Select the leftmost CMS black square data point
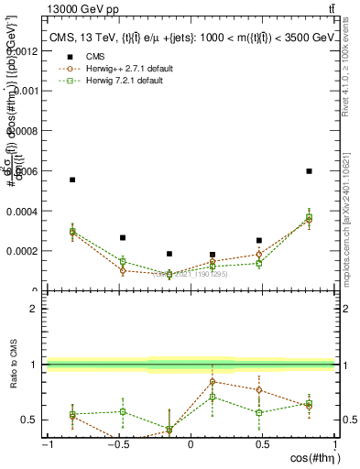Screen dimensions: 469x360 point(72,180)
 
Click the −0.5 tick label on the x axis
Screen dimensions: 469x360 point(117,445)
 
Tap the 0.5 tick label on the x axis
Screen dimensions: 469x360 point(262,445)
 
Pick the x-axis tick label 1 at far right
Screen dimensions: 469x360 point(333,445)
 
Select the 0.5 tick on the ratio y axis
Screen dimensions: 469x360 point(29,420)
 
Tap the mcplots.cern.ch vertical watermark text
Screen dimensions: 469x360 point(352,220)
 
